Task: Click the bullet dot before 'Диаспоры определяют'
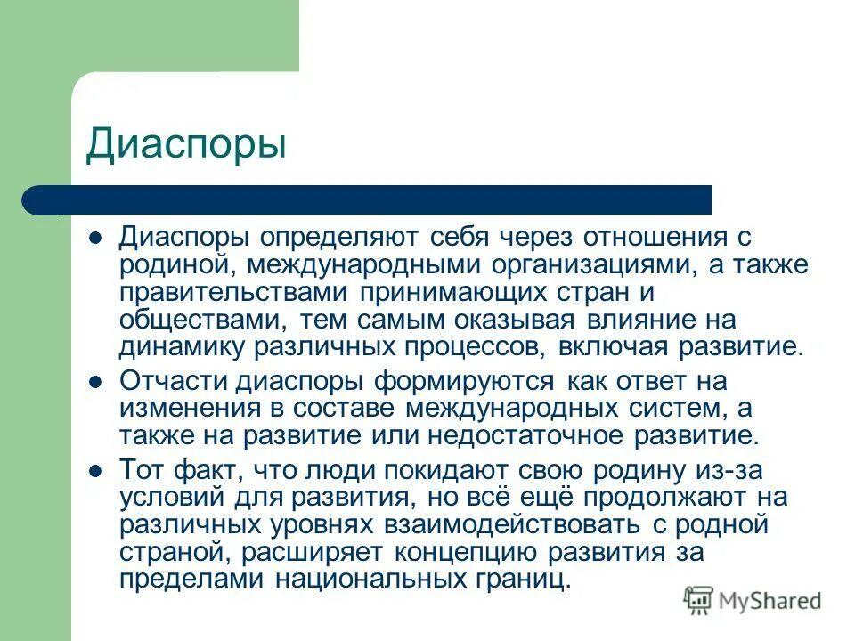(x=97, y=238)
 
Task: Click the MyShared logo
(x=753, y=601)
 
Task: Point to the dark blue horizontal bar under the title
(x=374, y=199)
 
